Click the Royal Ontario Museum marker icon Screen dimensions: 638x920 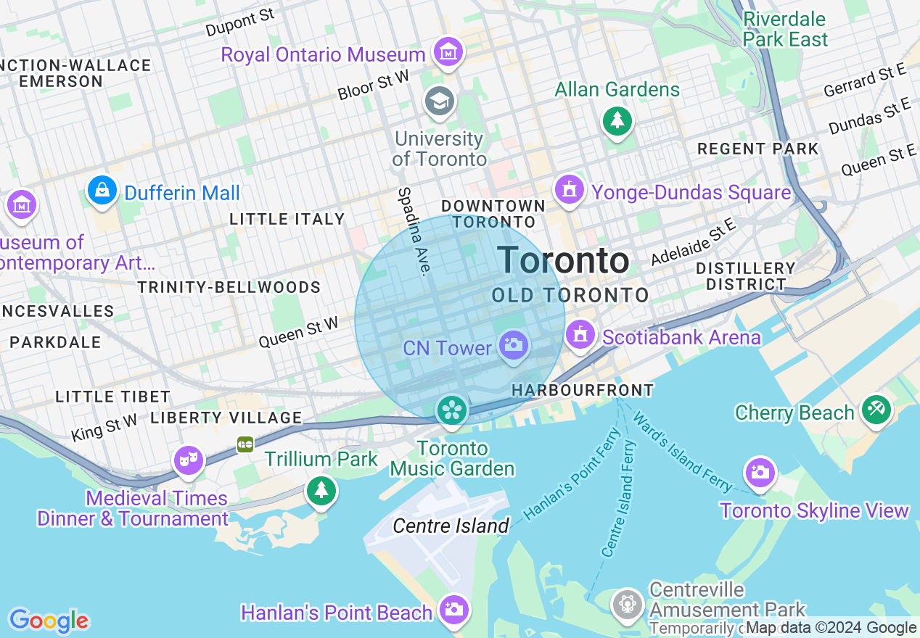(x=448, y=52)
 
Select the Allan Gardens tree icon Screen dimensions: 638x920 (x=617, y=120)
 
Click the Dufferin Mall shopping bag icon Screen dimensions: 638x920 (x=102, y=191)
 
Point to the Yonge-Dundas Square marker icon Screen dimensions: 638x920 (x=570, y=190)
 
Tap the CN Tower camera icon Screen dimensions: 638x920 (x=513, y=345)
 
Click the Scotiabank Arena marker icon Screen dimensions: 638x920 (x=580, y=335)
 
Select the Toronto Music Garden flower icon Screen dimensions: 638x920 (x=451, y=411)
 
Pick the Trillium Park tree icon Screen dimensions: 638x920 (x=321, y=491)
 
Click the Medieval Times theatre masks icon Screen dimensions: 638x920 (x=188, y=460)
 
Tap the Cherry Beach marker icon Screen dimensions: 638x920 (x=876, y=410)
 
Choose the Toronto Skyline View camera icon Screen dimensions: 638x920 (x=760, y=473)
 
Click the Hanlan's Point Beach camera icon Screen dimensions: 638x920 (x=453, y=609)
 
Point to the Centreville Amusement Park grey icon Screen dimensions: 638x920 (x=627, y=603)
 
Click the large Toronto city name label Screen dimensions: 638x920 (x=563, y=260)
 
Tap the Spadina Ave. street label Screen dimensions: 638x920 (x=414, y=231)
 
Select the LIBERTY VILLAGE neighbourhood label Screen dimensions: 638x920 (x=226, y=418)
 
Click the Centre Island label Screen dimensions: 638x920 (x=451, y=526)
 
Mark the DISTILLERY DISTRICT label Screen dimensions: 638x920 (x=746, y=276)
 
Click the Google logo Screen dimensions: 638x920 (x=49, y=621)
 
